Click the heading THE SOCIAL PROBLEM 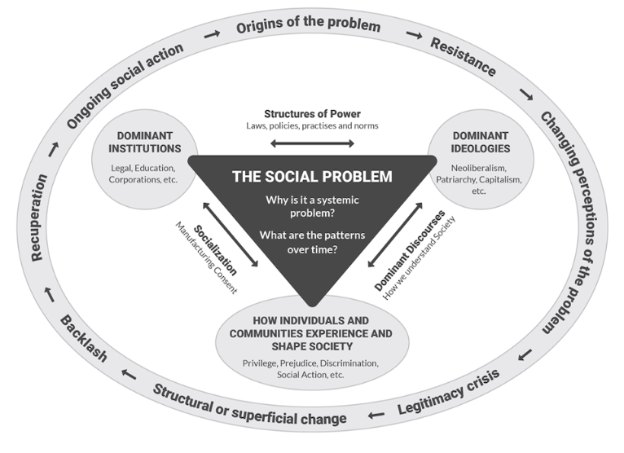point(312,176)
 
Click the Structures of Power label point(312,113)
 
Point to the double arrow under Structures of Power point(312,144)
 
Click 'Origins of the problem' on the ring point(309,26)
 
